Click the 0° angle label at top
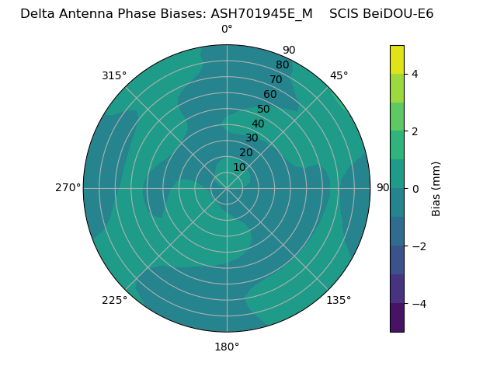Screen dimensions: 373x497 227,30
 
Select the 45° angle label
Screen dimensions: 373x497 339,75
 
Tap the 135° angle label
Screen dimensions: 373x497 339,300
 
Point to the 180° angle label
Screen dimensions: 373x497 227,347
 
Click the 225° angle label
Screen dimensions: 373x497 114,300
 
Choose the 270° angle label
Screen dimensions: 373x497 68,188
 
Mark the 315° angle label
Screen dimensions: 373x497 114,75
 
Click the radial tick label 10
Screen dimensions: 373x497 239,167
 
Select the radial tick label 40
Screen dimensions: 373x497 258,124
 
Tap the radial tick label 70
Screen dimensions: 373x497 276,79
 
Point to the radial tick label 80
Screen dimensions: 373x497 282,64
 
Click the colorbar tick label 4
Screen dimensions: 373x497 415,74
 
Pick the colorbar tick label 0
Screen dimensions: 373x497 415,189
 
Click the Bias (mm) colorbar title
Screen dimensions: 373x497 436,189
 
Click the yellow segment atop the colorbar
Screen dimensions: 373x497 397,59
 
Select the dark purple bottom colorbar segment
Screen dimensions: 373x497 397,318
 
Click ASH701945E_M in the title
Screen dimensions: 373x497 262,13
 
